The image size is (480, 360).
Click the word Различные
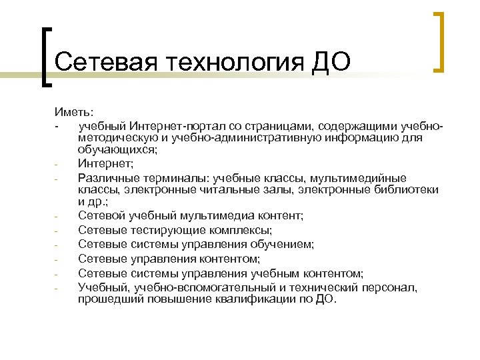coord(106,177)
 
